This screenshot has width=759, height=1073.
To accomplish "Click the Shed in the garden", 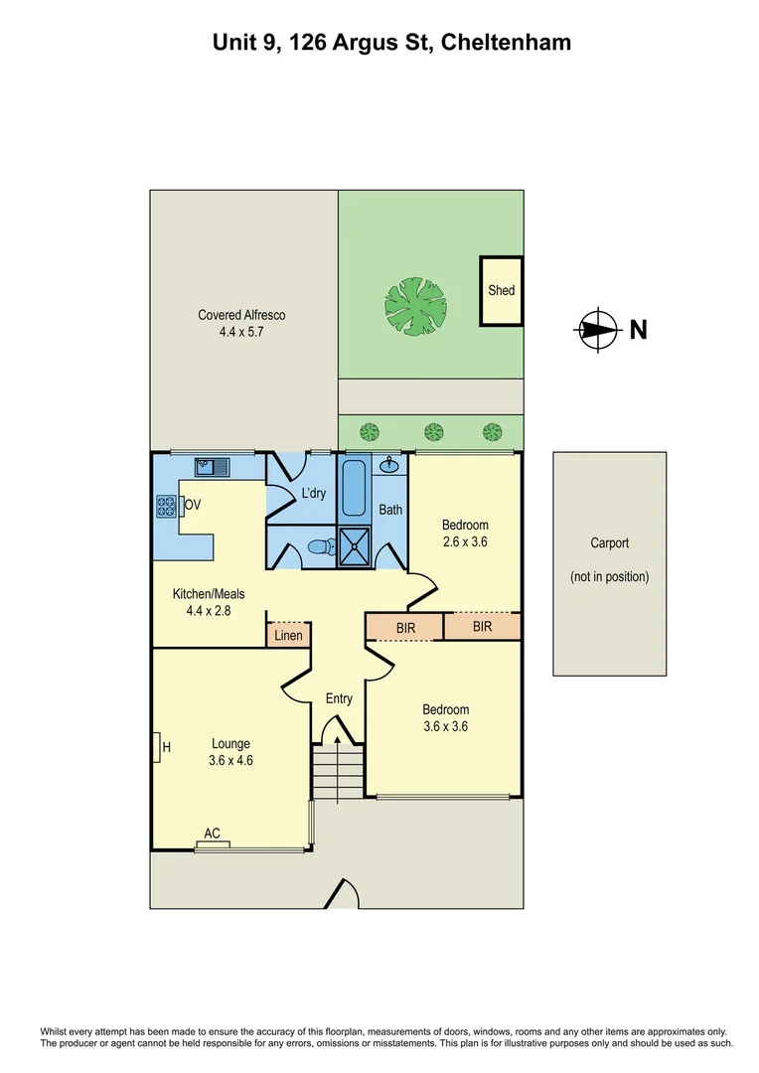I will (502, 291).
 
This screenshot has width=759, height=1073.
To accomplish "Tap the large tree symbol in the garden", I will (414, 305).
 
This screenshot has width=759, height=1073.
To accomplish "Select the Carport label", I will (609, 543).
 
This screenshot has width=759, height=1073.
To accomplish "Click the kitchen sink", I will (213, 465).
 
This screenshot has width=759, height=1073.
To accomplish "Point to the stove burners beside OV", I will (166, 506).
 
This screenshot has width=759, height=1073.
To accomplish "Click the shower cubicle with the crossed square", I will (355, 545).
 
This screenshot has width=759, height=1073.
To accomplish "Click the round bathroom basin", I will (391, 465).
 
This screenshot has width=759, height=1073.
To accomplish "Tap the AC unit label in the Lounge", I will (212, 835).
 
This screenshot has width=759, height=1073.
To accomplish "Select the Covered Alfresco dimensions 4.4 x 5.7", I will (241, 333).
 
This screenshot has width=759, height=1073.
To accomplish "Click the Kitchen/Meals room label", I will (208, 594).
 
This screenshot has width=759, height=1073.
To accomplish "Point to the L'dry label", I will (313, 493).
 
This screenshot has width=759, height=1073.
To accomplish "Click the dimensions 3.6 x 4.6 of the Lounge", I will (229, 761).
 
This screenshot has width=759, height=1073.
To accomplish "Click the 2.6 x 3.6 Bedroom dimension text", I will (465, 542).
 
